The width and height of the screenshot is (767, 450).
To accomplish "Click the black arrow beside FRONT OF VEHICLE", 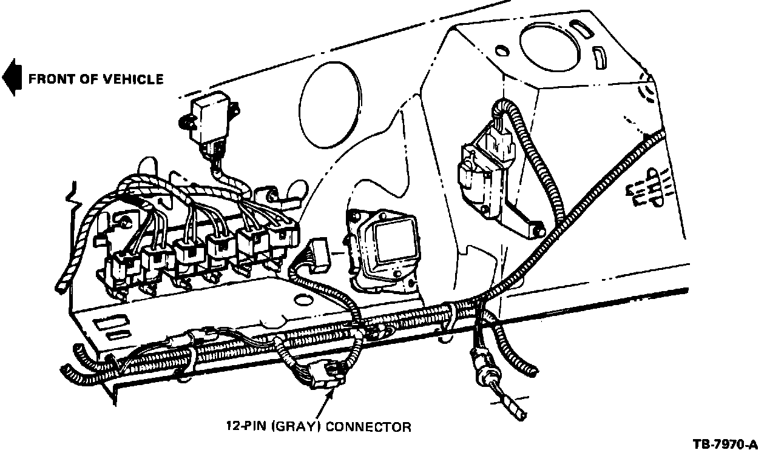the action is pos(11,78).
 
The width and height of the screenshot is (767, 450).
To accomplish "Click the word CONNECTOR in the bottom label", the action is pos(368,426).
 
